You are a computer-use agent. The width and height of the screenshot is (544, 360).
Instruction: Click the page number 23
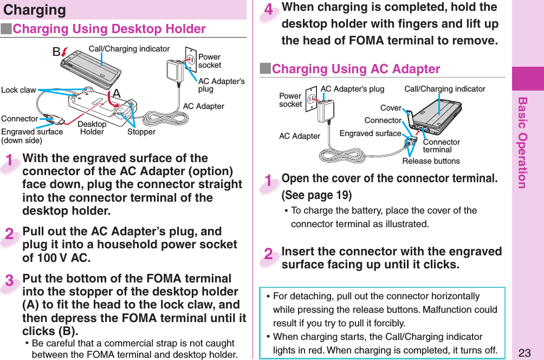pos(524,353)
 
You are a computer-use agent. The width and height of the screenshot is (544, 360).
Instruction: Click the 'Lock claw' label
pos(18,90)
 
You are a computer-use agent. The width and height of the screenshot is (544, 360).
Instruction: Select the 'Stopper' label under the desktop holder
pos(141,132)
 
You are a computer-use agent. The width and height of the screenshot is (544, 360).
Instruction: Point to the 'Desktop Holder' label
pos(92,128)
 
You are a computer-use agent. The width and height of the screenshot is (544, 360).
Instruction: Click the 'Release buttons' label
pos(431,161)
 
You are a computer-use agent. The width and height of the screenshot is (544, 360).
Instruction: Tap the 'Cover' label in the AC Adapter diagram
pos(391,108)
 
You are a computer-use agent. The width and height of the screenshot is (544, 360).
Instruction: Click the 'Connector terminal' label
pos(441,146)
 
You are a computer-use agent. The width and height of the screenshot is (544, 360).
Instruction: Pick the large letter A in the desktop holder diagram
pos(116,94)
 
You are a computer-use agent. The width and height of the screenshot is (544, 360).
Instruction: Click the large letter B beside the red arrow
pos(56,52)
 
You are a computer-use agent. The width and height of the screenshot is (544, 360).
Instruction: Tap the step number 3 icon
pos(10,282)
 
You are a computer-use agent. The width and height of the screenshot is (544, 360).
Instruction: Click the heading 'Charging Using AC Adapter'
pos(355,69)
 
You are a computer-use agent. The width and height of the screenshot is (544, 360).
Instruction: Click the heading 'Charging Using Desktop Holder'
pos(109,29)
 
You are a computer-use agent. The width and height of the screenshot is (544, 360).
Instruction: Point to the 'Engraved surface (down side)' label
pos(32,136)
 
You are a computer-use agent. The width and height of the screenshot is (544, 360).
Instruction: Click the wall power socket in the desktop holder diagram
pos(190,56)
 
